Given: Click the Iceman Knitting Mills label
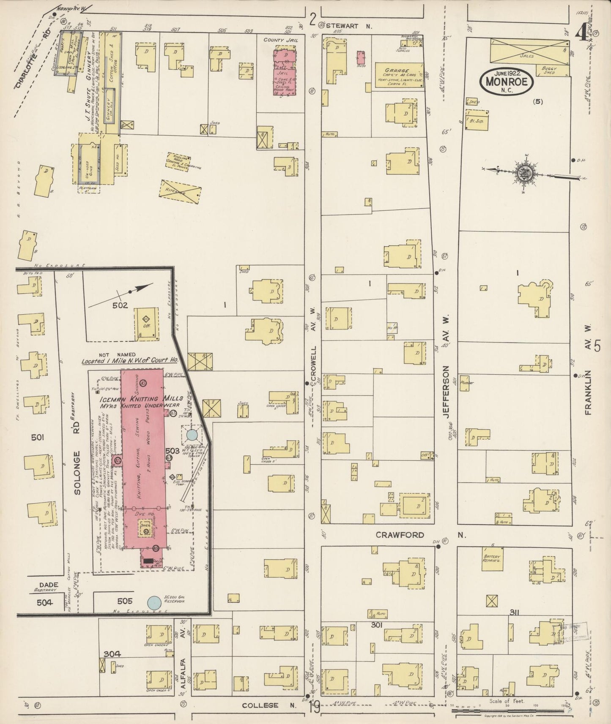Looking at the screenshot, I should tap(141, 398).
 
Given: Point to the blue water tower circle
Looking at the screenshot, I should tap(192, 434).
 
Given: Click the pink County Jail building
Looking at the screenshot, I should tap(285, 72).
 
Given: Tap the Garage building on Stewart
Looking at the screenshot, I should tap(399, 75).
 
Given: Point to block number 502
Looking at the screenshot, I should tap(120, 305).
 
